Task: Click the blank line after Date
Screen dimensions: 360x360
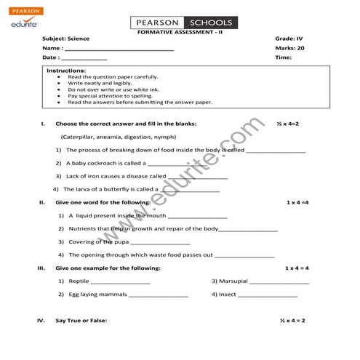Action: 84,58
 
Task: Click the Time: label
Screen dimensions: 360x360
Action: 283,57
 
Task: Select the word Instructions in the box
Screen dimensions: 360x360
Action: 66,71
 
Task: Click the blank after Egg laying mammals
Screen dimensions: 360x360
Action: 159,296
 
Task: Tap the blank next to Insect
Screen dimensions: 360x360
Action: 268,296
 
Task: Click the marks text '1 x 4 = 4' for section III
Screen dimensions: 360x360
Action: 297,268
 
